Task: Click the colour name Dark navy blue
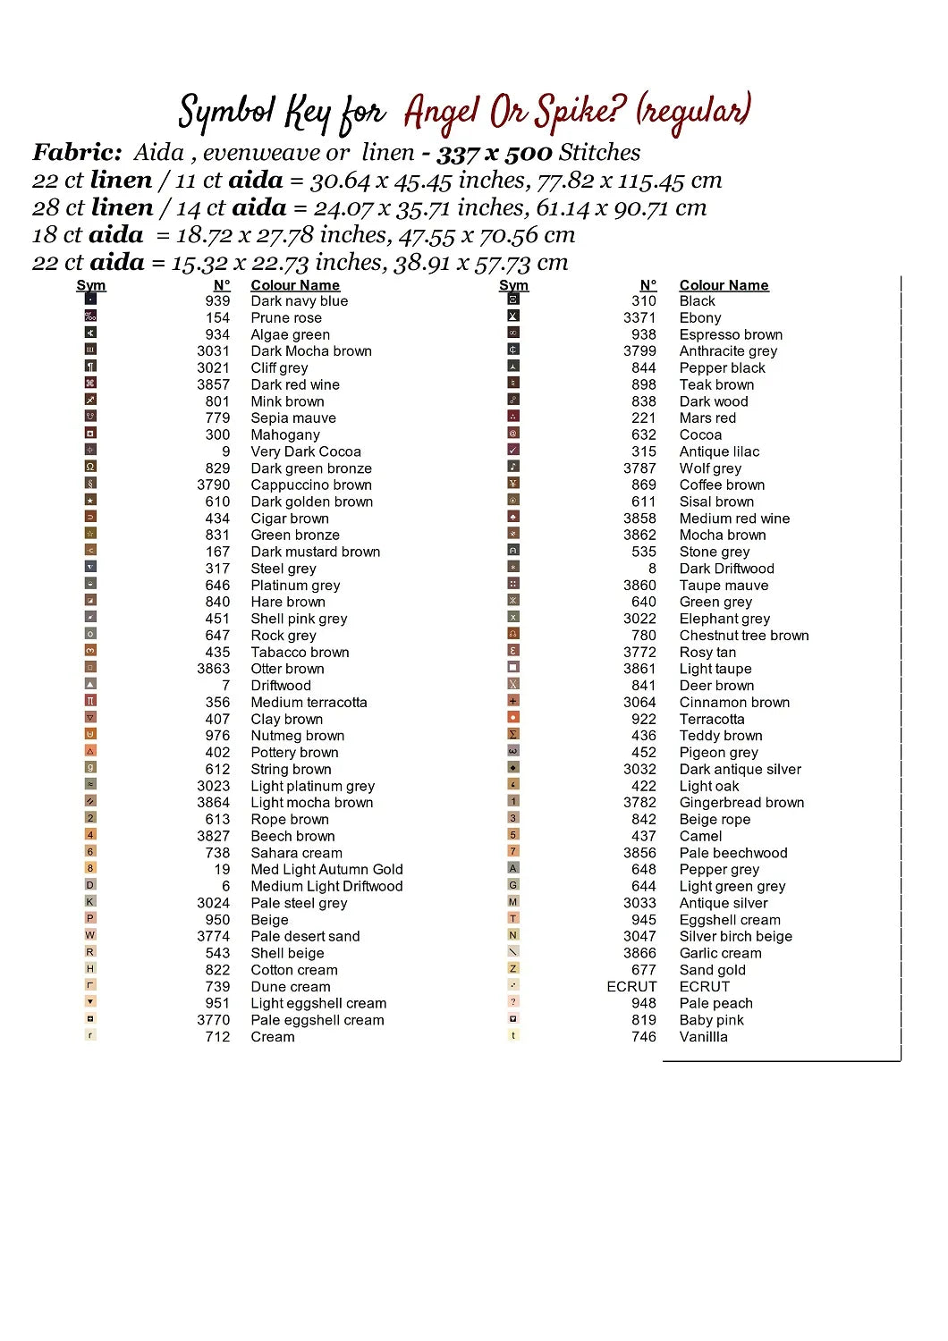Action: click(x=299, y=301)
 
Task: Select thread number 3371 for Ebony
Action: click(x=639, y=318)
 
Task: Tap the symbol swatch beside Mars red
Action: click(x=513, y=417)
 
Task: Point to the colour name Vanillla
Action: click(x=703, y=1037)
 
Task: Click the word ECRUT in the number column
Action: click(x=631, y=987)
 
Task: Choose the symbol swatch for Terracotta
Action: click(x=513, y=718)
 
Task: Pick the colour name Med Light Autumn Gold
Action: click(x=326, y=870)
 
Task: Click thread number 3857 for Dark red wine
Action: click(x=213, y=385)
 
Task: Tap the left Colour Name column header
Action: click(x=295, y=285)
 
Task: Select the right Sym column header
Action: click(x=513, y=285)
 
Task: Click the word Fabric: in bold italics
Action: click(x=77, y=153)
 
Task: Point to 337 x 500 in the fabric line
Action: click(x=494, y=153)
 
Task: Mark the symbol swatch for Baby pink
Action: click(x=513, y=1019)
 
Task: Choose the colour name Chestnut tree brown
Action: click(x=743, y=636)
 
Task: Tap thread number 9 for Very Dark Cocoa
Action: click(x=225, y=452)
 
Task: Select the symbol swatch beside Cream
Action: click(x=90, y=1036)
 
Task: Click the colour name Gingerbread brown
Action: click(x=741, y=803)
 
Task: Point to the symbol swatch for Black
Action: click(x=513, y=299)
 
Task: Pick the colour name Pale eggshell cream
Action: click(x=317, y=1021)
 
